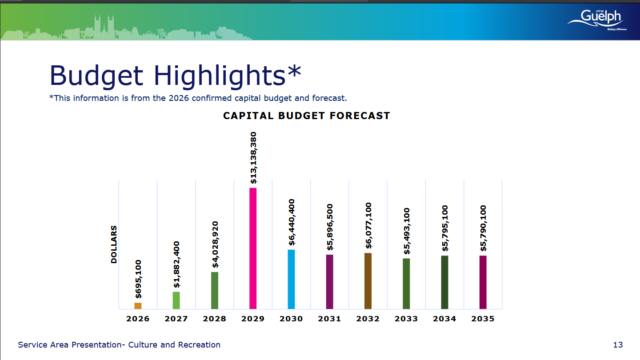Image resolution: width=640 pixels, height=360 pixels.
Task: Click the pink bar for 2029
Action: click(253, 248)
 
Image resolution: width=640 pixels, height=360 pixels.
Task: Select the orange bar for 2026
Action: click(138, 306)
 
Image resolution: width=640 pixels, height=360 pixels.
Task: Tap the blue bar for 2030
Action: click(291, 279)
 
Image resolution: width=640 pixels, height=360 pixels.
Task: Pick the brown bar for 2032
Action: click(368, 281)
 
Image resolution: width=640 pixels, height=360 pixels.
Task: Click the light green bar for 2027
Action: click(176, 300)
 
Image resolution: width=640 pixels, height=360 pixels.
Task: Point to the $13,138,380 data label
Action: click(253, 158)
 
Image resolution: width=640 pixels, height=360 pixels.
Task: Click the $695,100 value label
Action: click(138, 279)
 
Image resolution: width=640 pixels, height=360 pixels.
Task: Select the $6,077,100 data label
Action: click(368, 226)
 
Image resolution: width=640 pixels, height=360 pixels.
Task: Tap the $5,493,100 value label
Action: click(406, 231)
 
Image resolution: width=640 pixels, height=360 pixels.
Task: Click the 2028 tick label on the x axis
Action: click(215, 319)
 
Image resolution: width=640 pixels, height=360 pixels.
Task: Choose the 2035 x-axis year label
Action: click(483, 319)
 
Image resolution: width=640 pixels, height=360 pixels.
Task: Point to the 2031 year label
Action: click(330, 319)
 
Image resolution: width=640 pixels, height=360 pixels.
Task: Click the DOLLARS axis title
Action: click(114, 244)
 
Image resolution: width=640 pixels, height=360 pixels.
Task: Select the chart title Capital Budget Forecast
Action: click(307, 116)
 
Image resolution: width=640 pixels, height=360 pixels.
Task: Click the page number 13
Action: click(618, 345)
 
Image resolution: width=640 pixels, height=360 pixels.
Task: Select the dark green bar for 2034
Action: click(444, 282)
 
